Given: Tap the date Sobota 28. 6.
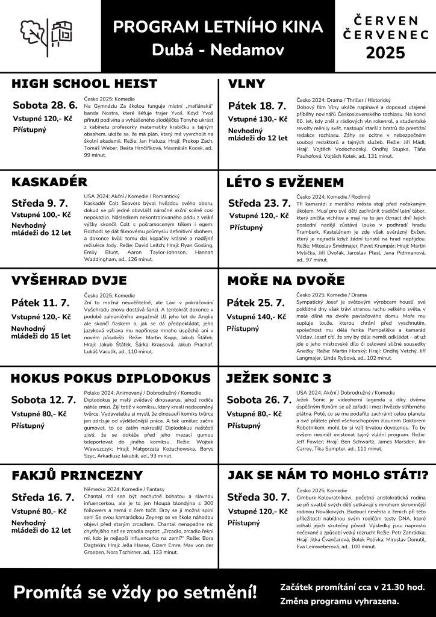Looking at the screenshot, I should (46, 105).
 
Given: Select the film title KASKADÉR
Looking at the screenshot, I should (49, 182).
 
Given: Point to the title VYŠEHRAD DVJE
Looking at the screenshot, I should (69, 281).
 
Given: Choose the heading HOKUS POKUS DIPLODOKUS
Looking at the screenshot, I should (107, 378).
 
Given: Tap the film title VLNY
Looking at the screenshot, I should (246, 83).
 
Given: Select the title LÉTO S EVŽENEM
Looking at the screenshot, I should (285, 182).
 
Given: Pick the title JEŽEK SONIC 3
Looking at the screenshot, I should (279, 378).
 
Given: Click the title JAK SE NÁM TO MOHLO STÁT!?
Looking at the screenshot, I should (327, 476).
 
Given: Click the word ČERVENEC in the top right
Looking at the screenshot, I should (386, 36).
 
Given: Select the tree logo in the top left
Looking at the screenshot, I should (34, 35).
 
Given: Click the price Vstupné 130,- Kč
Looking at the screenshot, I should (257, 119).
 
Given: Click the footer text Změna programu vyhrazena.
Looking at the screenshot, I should (339, 601).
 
